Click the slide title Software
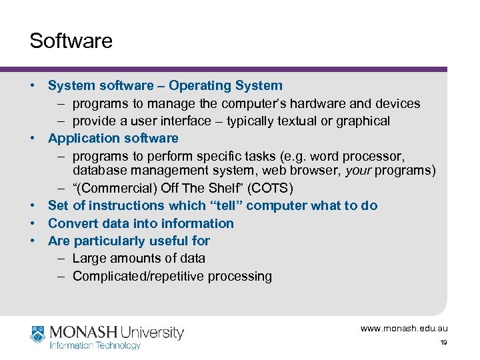click(71, 41)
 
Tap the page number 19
click(443, 343)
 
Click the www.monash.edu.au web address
click(404, 328)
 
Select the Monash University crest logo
click(38, 334)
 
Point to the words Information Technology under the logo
click(95, 345)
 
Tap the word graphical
click(359, 121)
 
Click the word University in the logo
click(152, 332)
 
